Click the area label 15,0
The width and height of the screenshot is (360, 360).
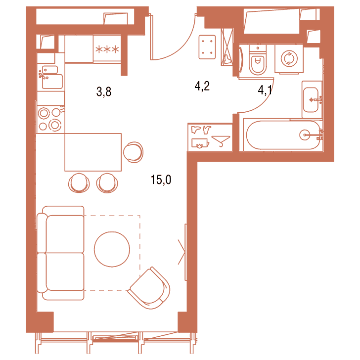point(161,180)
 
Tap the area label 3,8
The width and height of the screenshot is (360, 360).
point(104,91)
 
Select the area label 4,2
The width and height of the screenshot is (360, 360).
point(202,86)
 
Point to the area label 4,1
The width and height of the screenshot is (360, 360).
point(265,90)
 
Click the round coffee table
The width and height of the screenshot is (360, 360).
point(112,249)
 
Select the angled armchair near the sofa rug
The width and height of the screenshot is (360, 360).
point(150,288)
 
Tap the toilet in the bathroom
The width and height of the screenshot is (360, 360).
point(258,60)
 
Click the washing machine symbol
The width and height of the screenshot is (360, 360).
point(289,59)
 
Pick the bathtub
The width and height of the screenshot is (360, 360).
point(283,135)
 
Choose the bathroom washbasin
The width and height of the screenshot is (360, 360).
point(312,100)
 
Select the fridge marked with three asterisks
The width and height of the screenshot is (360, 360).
point(107,48)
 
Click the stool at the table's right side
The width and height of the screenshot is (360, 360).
point(133,152)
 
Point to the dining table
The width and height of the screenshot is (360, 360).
point(93,152)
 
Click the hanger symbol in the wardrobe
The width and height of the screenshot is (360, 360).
point(221,141)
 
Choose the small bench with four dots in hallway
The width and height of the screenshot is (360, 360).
point(207,47)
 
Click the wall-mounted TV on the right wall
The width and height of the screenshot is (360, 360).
point(185,252)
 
